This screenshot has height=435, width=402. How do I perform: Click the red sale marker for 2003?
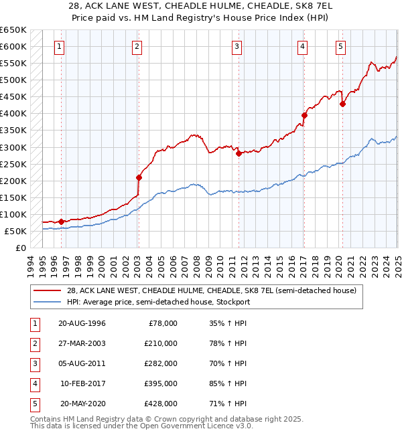139,177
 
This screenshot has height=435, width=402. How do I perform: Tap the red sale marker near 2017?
304,115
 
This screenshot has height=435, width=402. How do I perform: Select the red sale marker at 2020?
342,104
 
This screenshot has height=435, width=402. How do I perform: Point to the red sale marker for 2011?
239,153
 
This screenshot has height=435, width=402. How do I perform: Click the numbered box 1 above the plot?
60,47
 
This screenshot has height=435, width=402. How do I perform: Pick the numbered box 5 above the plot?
341,47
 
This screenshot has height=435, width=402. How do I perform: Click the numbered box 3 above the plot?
237,47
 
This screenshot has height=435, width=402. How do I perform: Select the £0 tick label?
21,248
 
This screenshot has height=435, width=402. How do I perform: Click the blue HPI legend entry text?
158,302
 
